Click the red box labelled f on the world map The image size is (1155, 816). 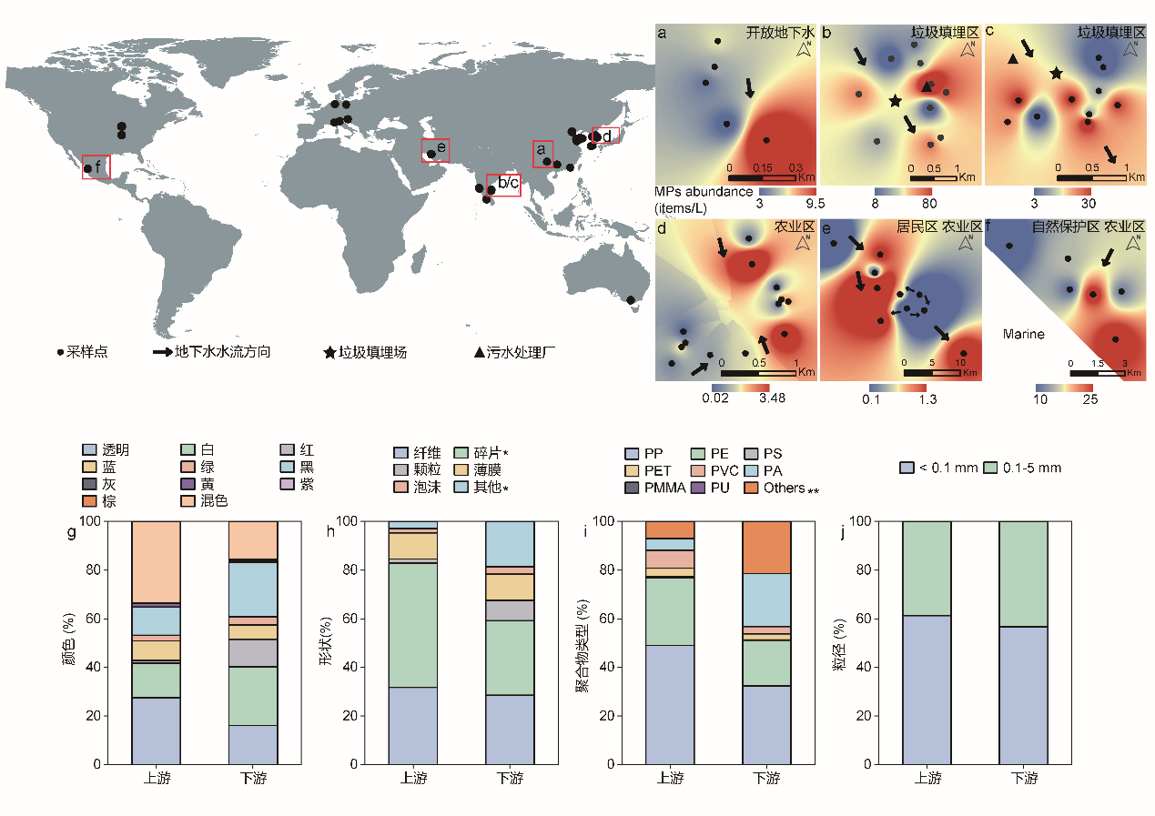pyautogui.click(x=96, y=167)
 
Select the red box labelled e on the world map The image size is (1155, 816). pyautogui.click(x=435, y=150)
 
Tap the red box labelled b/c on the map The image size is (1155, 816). pyautogui.click(x=503, y=186)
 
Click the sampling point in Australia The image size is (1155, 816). pyautogui.click(x=631, y=299)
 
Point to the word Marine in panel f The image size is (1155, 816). pyautogui.click(x=1024, y=334)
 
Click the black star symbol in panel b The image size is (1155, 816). pyautogui.click(x=896, y=101)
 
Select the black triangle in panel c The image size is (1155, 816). pyautogui.click(x=1012, y=60)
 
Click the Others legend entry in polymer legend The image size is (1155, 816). pyautogui.click(x=786, y=488)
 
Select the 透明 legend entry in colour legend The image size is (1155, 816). pyautogui.click(x=106, y=449)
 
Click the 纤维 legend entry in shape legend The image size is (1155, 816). pyautogui.click(x=418, y=452)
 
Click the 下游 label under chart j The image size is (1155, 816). pyautogui.click(x=1024, y=779)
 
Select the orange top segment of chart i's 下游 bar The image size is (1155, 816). pyautogui.click(x=767, y=547)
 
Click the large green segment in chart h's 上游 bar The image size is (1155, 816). pyautogui.click(x=413, y=625)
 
